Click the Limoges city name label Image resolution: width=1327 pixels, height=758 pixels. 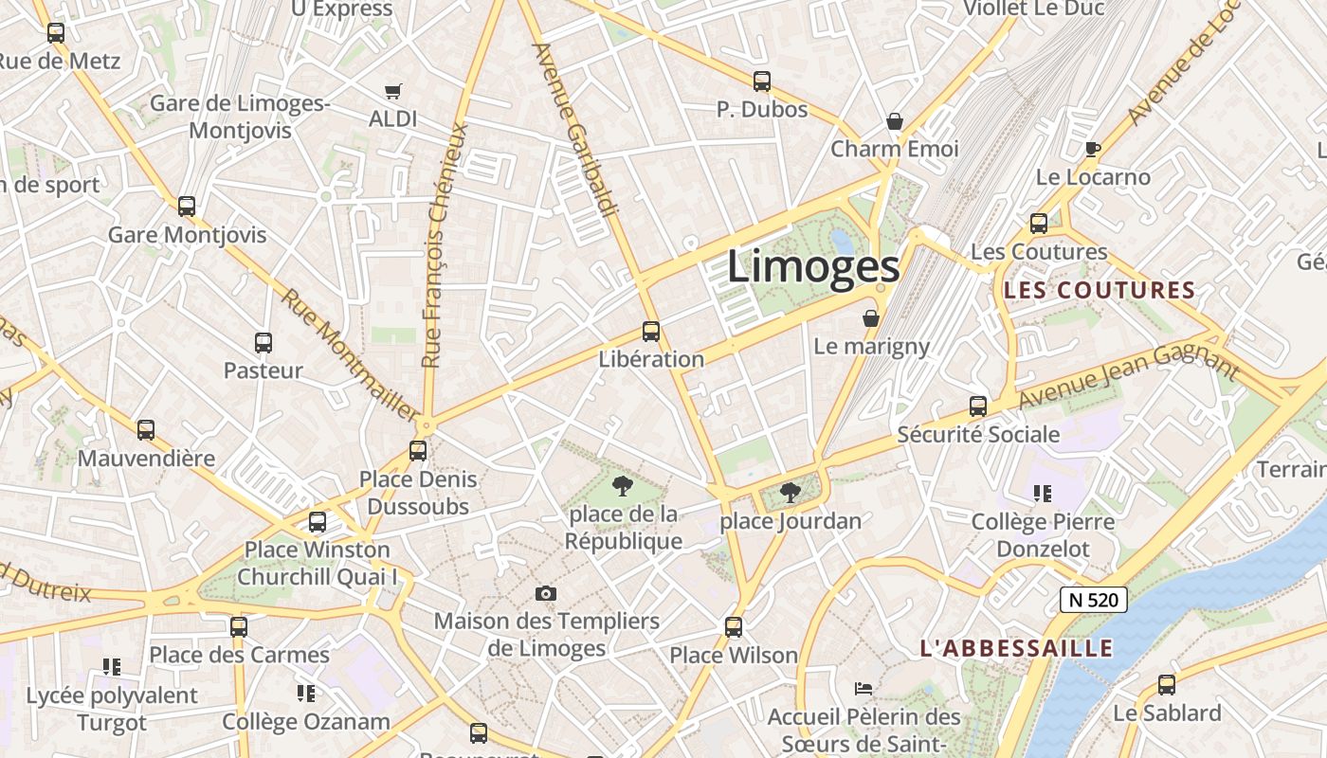point(813,267)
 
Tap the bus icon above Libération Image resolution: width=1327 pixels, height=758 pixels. point(651,332)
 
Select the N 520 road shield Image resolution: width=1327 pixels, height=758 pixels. point(1093,600)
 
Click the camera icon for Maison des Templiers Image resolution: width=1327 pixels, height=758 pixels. point(546,594)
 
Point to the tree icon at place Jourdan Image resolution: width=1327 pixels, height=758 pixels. point(790,493)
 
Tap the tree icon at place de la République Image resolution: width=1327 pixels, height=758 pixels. point(623,487)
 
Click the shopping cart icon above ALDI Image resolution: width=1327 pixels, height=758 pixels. point(393,92)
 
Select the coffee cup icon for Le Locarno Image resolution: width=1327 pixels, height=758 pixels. point(1093,149)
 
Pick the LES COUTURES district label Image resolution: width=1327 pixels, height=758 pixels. point(1100,291)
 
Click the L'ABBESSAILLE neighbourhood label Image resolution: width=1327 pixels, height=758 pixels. point(1016,649)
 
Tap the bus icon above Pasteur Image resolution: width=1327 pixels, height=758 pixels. point(264,343)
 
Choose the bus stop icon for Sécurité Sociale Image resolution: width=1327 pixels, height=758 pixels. point(978,406)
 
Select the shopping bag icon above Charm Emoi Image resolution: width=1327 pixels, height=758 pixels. point(894,121)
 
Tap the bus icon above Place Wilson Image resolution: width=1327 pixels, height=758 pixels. point(734,626)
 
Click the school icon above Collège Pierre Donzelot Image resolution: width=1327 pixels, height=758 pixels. point(1043,494)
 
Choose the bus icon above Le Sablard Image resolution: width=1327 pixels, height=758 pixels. point(1167,685)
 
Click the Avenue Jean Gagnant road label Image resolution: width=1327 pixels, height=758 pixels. point(1128,377)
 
